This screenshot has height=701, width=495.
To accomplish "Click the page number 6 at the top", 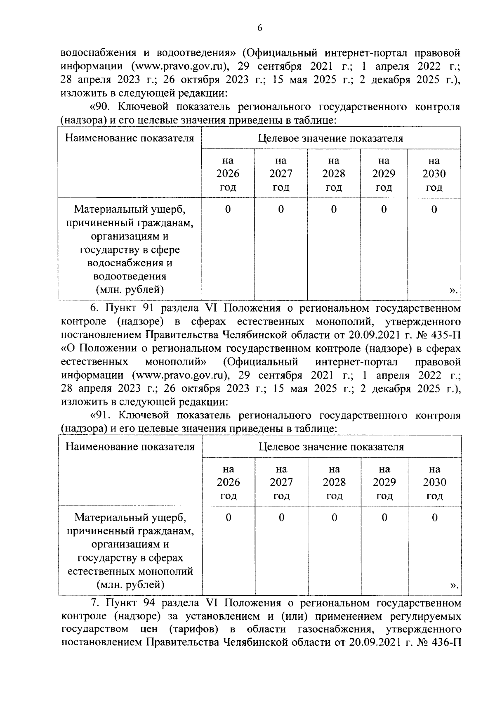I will (259, 28).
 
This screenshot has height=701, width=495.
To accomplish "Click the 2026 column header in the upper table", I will (228, 174).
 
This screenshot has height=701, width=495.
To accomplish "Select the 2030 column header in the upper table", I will (434, 174).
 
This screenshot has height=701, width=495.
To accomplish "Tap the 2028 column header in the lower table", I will (334, 482).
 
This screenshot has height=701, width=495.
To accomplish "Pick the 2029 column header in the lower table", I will (384, 482).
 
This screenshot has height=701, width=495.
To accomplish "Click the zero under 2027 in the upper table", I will (281, 210).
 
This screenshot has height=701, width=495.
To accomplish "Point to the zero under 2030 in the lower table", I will (434, 518).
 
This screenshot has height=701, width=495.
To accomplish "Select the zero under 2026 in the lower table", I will (229, 518).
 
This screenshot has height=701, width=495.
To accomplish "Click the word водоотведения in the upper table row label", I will (130, 276).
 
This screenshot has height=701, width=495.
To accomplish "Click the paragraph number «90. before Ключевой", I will (102, 107).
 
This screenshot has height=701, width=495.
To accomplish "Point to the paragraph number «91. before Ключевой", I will (102, 415).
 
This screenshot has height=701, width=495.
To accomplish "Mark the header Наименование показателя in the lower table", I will (130, 447).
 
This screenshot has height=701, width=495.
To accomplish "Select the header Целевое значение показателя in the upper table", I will (330, 138).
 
